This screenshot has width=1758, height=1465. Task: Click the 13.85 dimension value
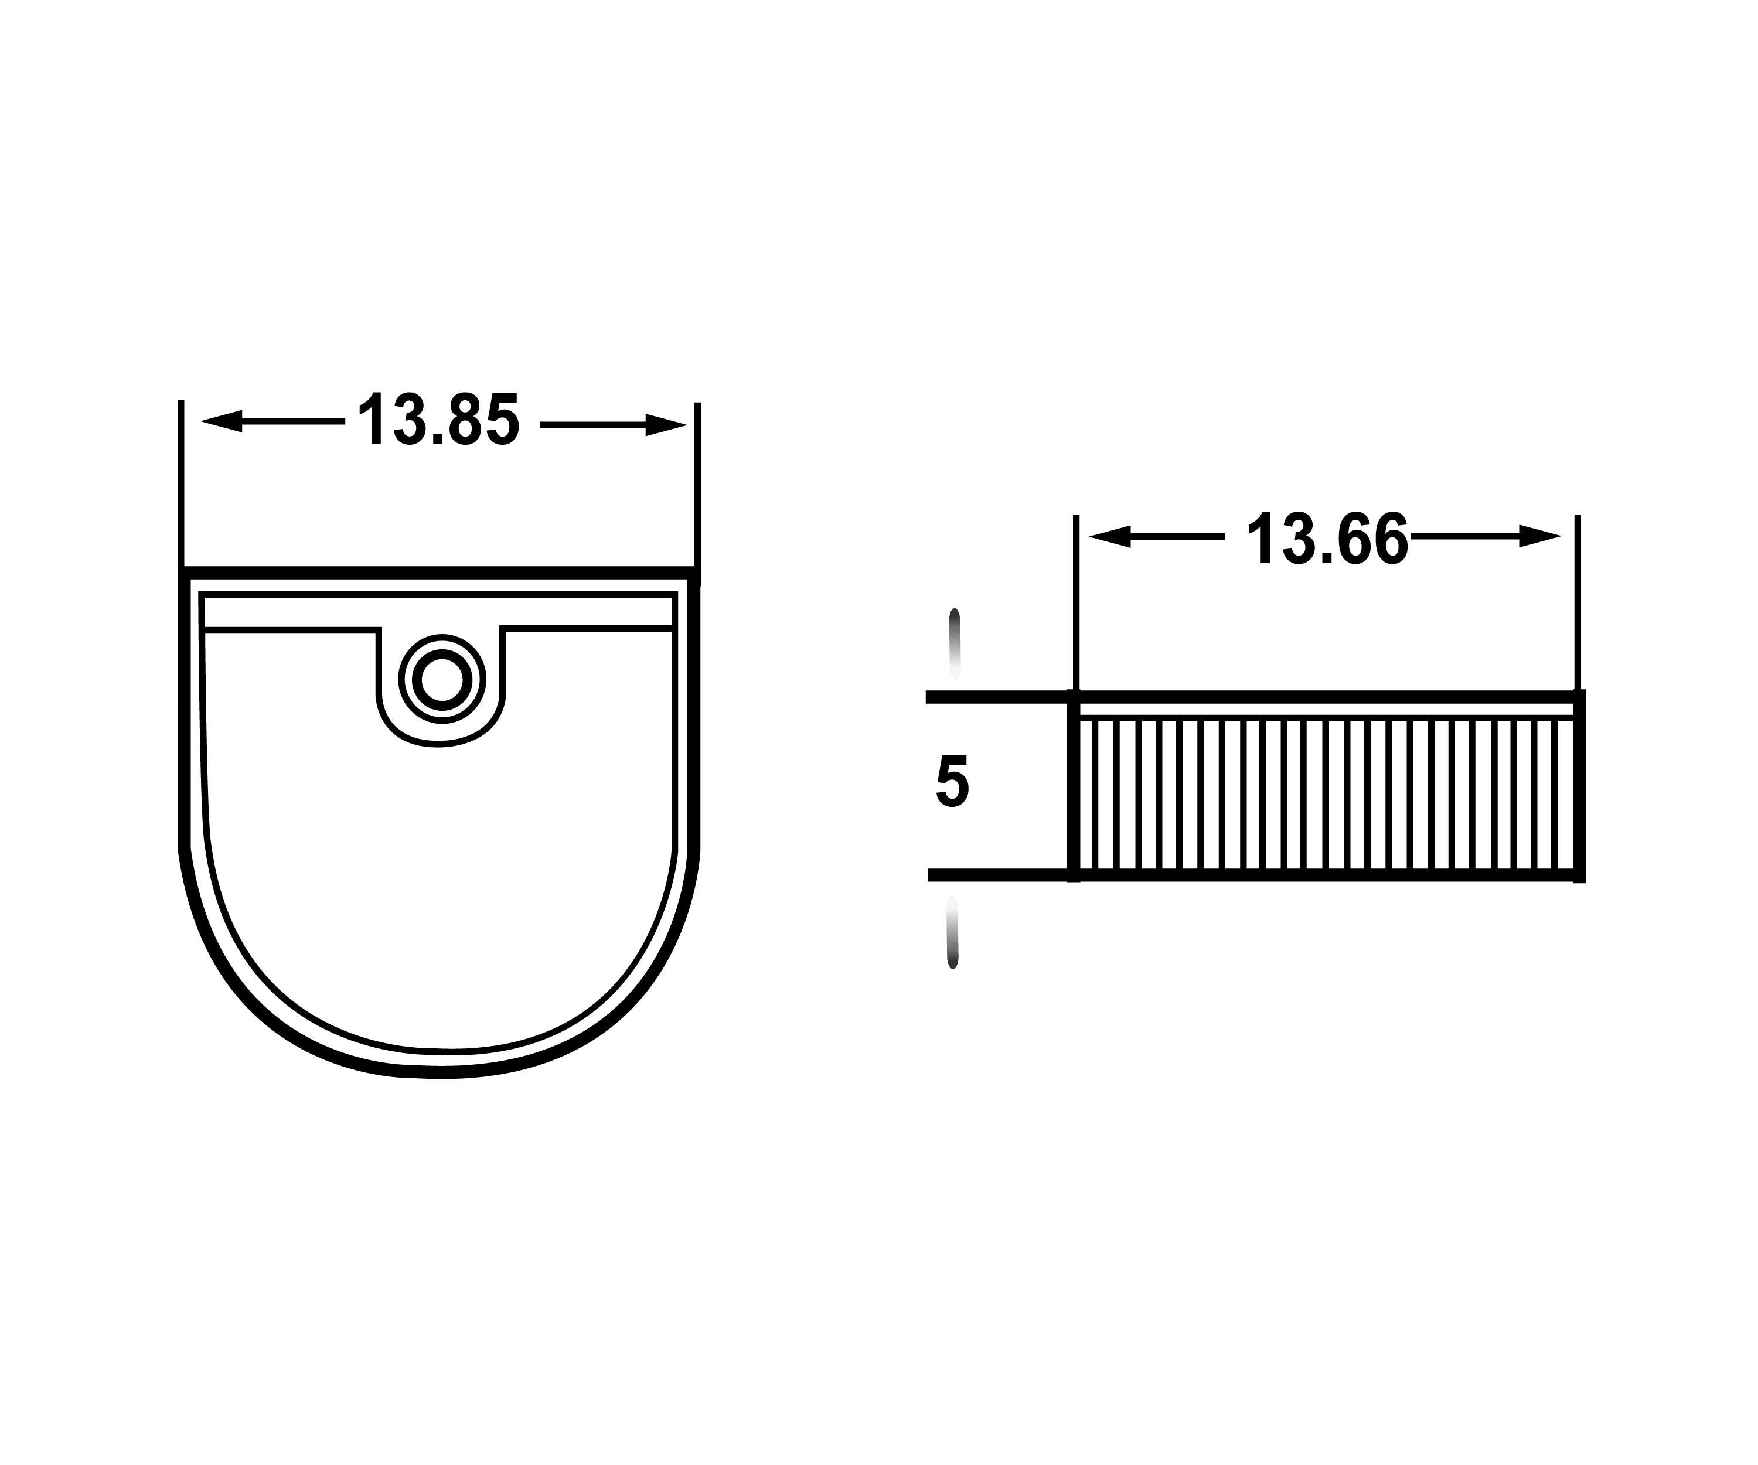coord(439,420)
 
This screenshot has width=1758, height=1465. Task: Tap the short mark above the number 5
coord(955,642)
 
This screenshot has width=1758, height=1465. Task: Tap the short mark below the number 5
coord(952,932)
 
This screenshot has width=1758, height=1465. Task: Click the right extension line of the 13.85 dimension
coord(697,486)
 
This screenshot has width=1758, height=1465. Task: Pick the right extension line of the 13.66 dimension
coord(1577,603)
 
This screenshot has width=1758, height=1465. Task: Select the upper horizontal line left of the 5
coord(996,697)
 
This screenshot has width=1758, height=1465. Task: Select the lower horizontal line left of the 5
coord(996,875)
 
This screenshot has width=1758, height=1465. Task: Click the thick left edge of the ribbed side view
coord(1073,787)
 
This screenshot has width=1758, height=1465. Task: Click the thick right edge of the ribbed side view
coord(1580,787)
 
